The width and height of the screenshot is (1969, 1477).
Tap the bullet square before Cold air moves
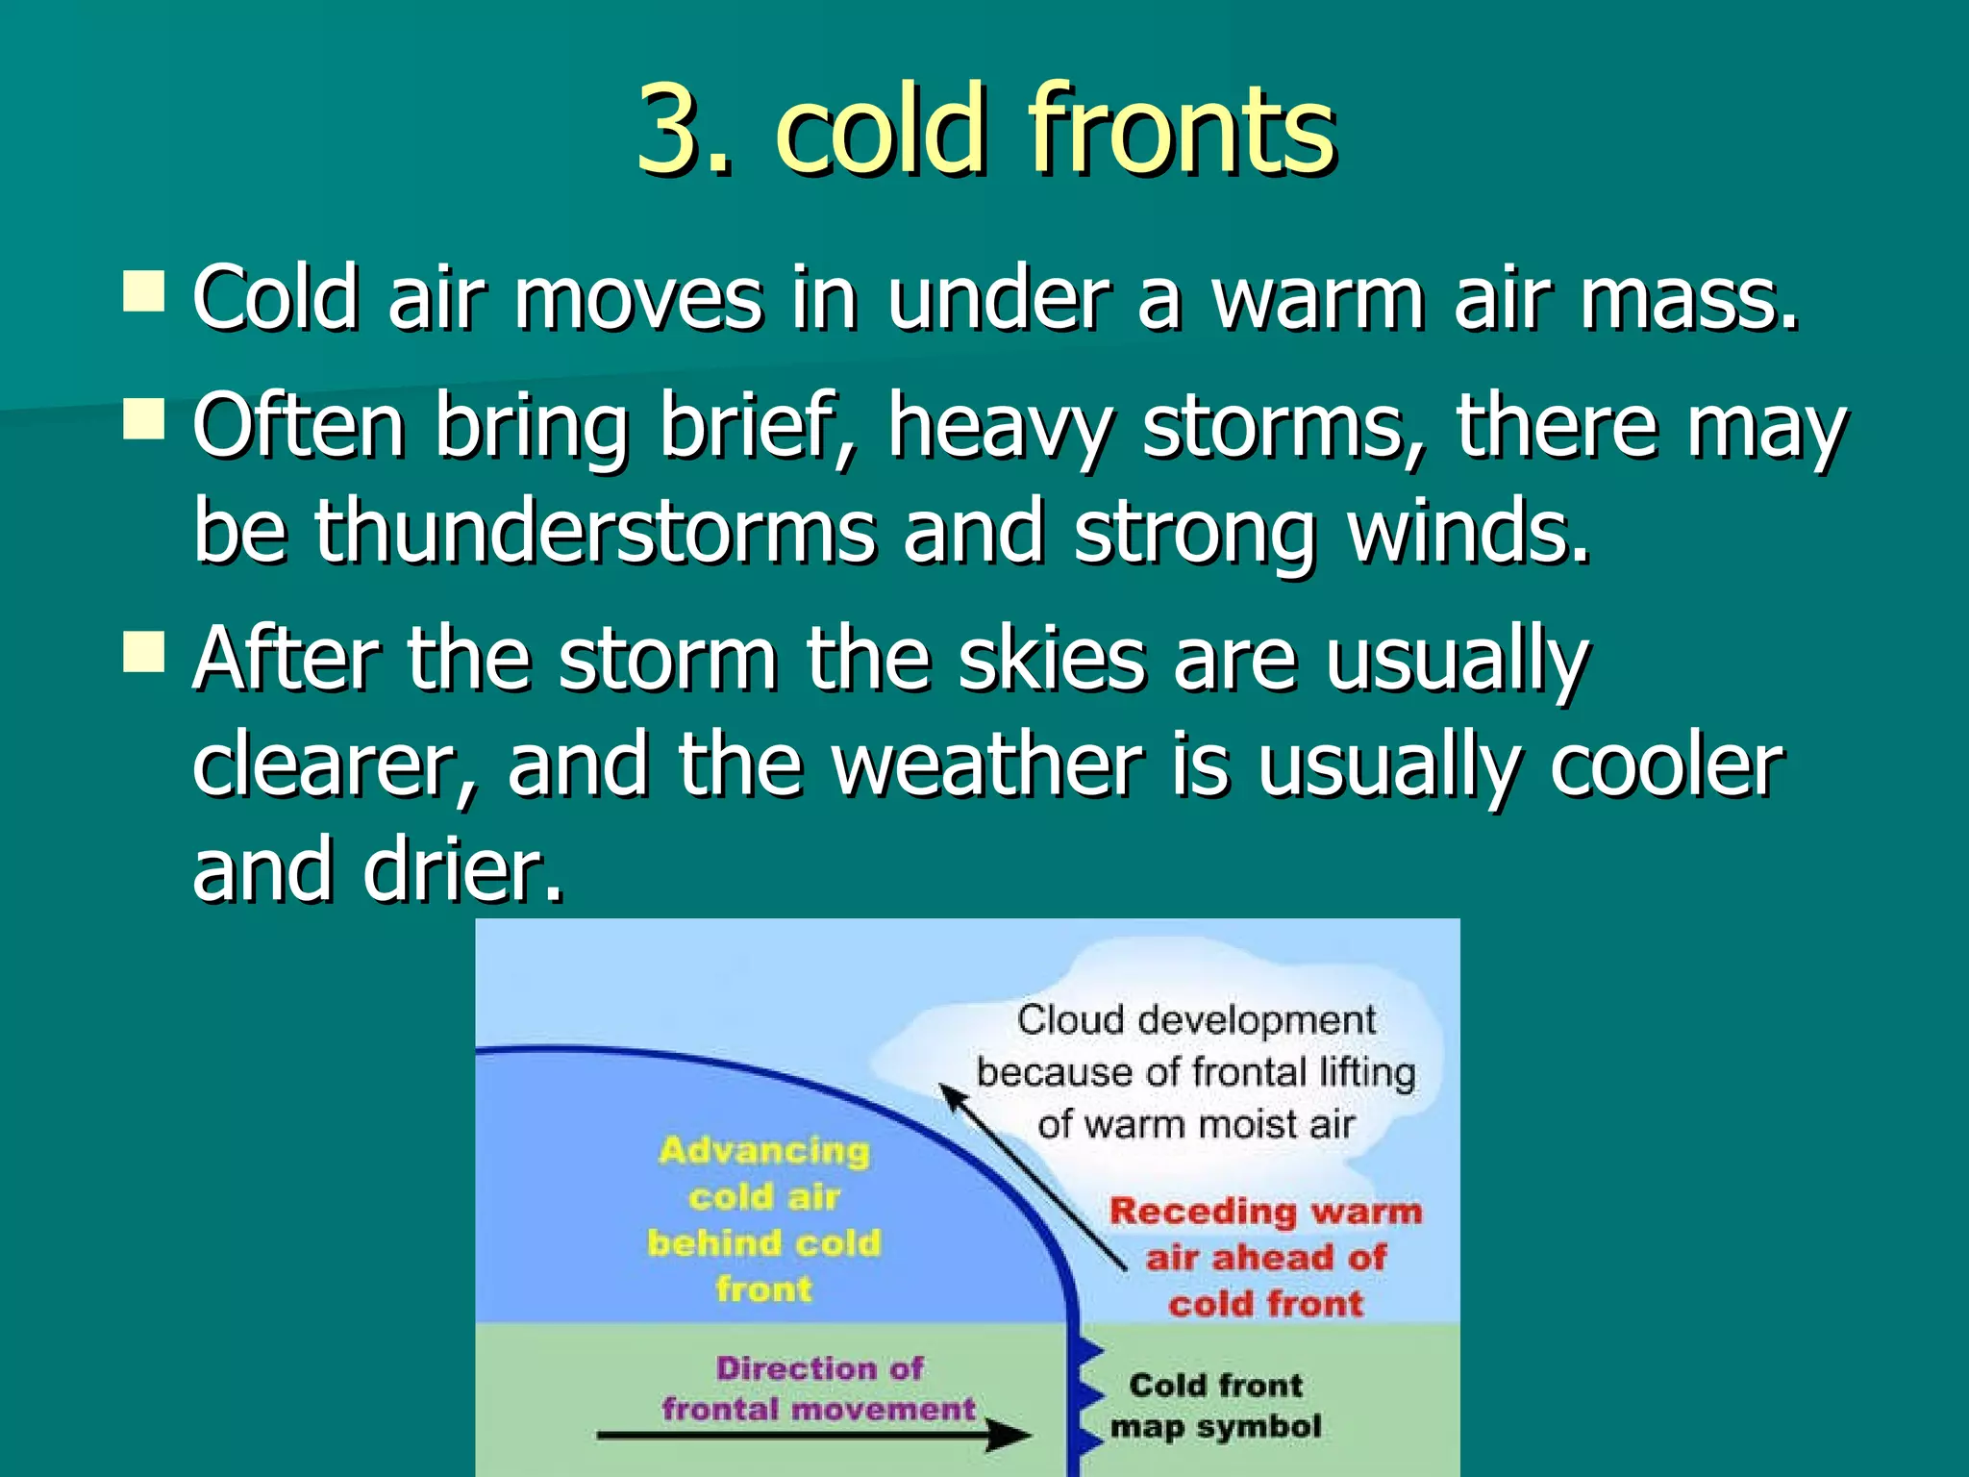coord(144,290)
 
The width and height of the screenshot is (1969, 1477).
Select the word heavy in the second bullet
coord(1000,428)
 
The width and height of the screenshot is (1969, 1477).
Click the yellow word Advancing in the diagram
coord(764,1151)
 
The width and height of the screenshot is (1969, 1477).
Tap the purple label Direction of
coord(819,1367)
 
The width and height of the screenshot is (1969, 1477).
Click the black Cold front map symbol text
coord(1215,1406)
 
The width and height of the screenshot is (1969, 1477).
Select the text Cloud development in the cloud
coord(1196,1020)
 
